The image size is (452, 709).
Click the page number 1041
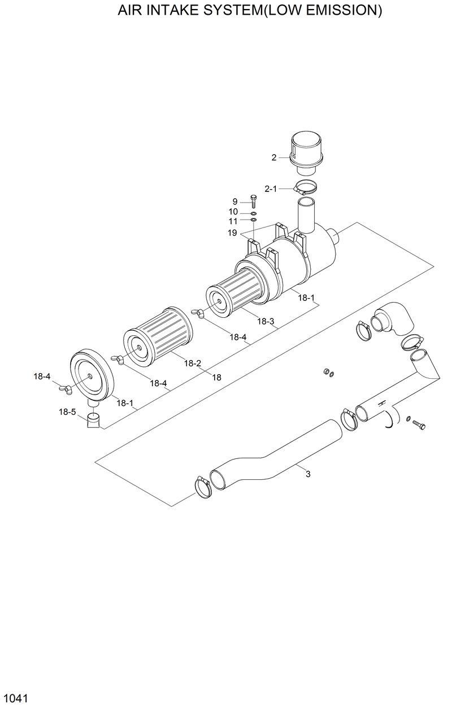15,698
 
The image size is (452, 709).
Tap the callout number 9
234,202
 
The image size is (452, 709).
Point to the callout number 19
232,232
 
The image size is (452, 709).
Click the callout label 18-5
67,412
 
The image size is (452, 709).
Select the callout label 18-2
192,364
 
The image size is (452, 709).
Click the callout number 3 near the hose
308,474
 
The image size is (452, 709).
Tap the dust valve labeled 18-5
93,421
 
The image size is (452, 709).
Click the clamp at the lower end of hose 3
203,487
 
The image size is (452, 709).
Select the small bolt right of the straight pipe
419,424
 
